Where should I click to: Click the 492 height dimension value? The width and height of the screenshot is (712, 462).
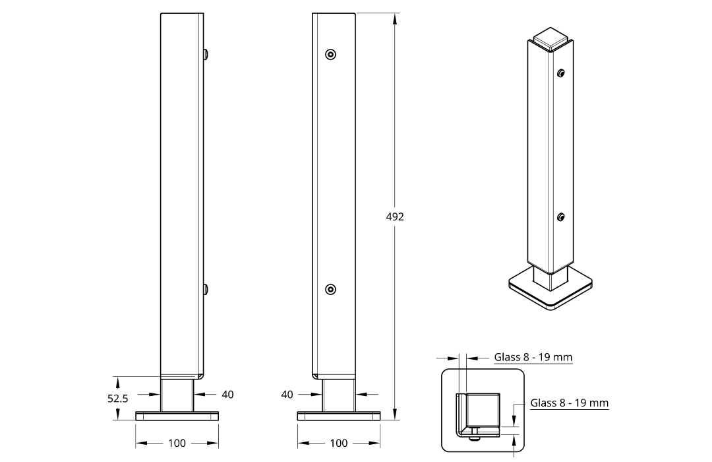click(x=395, y=217)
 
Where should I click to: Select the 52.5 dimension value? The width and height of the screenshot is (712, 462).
click(x=117, y=399)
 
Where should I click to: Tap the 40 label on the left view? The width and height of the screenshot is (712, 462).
click(x=227, y=394)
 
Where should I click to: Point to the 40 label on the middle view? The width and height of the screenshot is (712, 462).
click(x=287, y=394)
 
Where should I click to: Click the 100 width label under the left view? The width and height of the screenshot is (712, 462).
click(x=177, y=443)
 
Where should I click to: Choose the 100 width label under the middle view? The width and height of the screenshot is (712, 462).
click(x=339, y=443)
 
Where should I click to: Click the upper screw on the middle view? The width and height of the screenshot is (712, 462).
click(x=331, y=55)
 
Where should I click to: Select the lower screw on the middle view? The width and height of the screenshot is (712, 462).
click(x=331, y=289)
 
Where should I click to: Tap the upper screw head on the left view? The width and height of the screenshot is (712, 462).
click(x=206, y=55)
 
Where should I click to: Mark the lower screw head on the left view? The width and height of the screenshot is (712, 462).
click(x=206, y=289)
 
